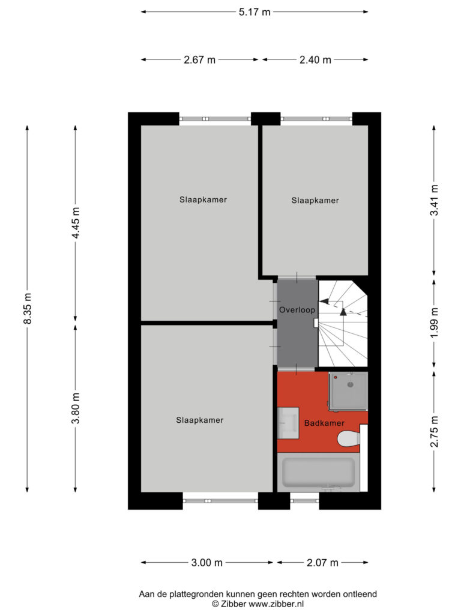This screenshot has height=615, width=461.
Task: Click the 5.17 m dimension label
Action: point(255,12)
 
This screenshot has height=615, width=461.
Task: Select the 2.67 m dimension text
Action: point(199,60)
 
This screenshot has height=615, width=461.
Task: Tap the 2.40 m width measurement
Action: point(315,60)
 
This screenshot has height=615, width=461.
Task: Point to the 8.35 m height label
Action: point(28,308)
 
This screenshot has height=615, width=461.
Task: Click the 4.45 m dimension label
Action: point(76,223)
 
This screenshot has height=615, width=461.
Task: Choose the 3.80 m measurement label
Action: point(76,408)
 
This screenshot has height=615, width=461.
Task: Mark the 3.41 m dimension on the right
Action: point(435,200)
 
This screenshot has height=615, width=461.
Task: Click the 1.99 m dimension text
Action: point(435,323)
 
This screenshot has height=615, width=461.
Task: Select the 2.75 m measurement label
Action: point(435,432)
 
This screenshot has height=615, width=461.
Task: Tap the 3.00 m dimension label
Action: point(206,563)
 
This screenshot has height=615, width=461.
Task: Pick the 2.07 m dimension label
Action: point(322,563)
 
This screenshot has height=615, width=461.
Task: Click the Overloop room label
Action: point(297,310)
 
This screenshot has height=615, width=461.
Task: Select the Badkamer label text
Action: point(324,423)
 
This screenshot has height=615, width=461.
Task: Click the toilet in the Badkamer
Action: point(349,439)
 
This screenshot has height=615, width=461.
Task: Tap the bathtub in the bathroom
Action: point(318,472)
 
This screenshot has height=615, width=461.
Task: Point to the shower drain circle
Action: point(351,385)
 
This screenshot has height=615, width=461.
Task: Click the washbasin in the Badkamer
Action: point(288,423)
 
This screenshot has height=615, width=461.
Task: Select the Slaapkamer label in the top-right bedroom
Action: point(315,201)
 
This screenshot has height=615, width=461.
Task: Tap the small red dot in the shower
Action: point(336,377)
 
